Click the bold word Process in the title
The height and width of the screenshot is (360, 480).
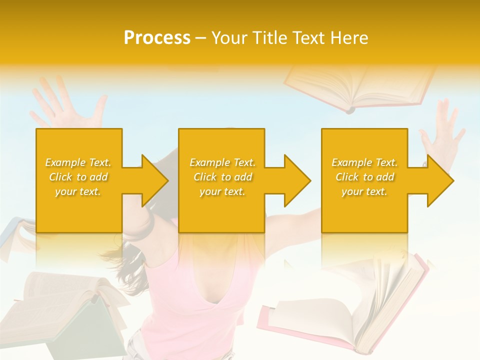157,38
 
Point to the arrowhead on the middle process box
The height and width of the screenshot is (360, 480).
296,180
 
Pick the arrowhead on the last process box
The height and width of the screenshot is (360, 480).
439,180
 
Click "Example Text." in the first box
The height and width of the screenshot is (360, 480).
78,162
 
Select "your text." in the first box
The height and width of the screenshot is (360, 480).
78,191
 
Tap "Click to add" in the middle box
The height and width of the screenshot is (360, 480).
222,177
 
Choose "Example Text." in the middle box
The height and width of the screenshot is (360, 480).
222,162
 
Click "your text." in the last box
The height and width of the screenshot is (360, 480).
364,191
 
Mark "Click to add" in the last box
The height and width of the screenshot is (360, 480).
364,177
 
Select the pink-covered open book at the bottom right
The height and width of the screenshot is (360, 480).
350,310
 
